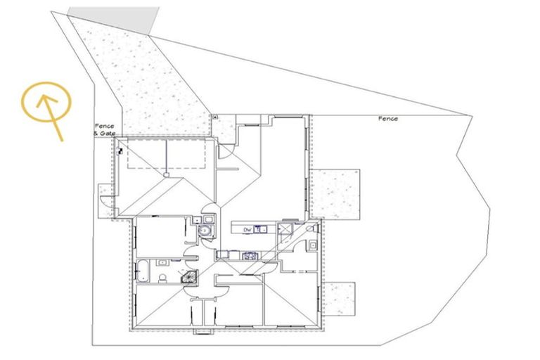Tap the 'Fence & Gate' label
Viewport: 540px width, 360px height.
pos(104,129)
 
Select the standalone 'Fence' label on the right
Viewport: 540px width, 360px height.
pos(387,119)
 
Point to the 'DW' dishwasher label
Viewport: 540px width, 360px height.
pos(247,229)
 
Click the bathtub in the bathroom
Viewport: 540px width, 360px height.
pos(142,269)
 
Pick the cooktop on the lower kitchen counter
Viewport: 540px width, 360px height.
pos(249,255)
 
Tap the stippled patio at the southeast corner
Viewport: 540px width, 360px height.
pos(340,297)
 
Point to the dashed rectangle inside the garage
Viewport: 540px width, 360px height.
pos(167,154)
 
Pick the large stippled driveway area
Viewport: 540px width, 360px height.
pos(148,77)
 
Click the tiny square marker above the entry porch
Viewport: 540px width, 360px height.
pos(215,116)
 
